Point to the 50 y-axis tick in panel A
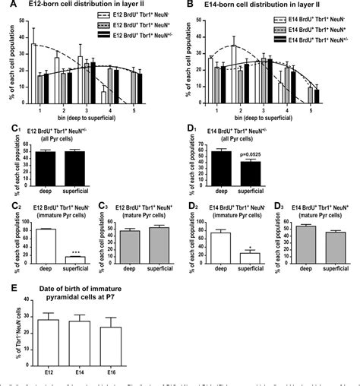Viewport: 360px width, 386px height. pyautogui.click(x=17, y=17)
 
